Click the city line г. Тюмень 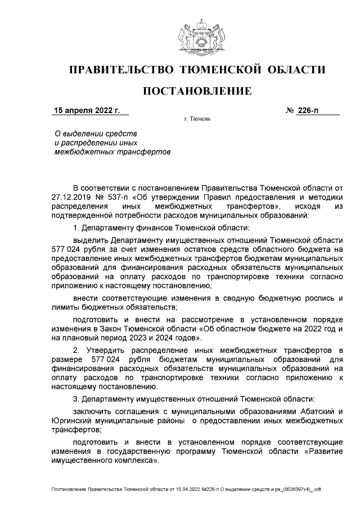197,120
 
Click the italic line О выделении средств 95,134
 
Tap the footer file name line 186,490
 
